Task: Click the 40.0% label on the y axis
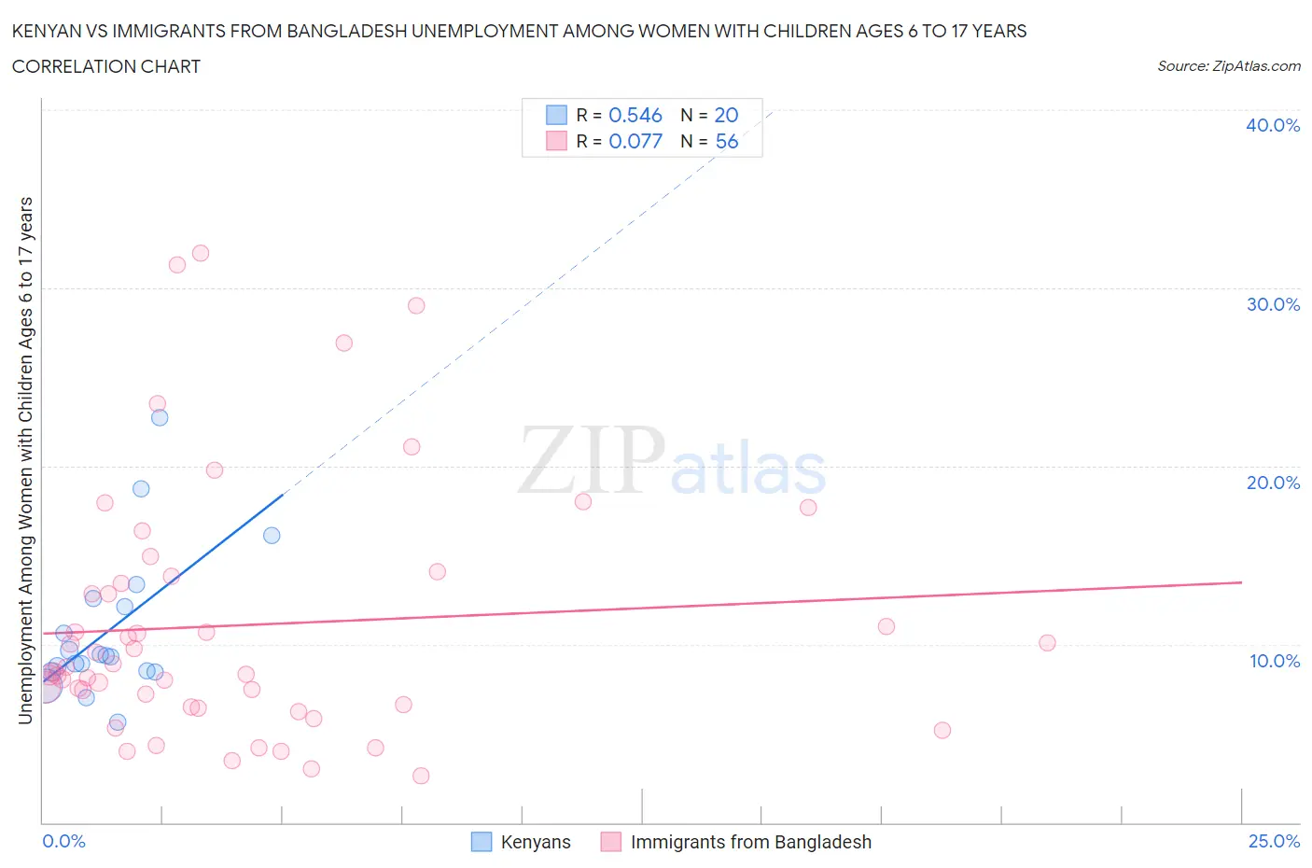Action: click(1272, 125)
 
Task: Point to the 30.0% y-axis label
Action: click(1272, 304)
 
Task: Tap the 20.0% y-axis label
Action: click(1272, 483)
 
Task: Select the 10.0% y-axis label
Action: click(1274, 661)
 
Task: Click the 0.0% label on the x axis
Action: click(63, 841)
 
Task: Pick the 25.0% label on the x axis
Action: click(1274, 841)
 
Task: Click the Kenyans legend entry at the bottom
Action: click(535, 842)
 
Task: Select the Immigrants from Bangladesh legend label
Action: click(750, 842)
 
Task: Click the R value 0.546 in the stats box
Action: click(635, 115)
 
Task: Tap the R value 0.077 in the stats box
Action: click(635, 141)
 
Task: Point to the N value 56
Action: click(726, 141)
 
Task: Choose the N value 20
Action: click(726, 115)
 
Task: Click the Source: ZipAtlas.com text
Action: click(1228, 66)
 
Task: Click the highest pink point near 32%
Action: click(200, 253)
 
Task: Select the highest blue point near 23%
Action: click(160, 417)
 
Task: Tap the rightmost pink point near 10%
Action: click(1047, 642)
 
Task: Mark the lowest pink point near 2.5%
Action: click(421, 776)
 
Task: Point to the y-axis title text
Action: click(25, 460)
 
